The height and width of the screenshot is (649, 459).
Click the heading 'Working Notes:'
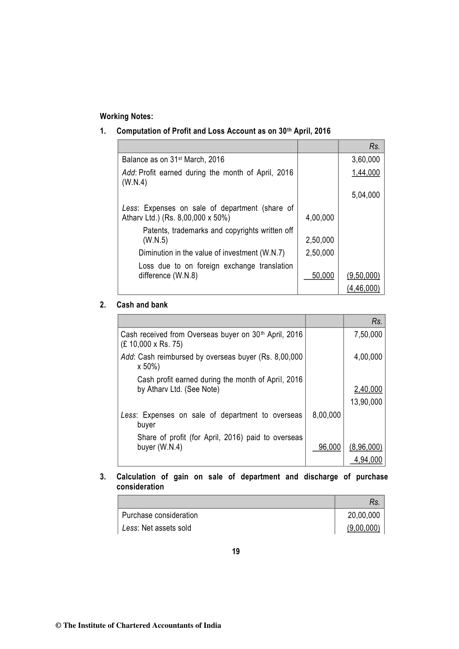(126, 116)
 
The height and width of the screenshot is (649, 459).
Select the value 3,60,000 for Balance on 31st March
(365, 160)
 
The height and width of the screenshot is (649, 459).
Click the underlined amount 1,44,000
(365, 173)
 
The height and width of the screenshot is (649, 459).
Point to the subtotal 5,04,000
(365, 195)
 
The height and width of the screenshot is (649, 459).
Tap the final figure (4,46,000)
(363, 289)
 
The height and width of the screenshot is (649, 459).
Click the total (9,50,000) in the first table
(363, 276)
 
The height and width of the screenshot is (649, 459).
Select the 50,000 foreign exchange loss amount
(323, 276)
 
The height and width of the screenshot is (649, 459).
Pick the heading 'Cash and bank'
(142, 305)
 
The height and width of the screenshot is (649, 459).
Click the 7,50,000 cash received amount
(368, 335)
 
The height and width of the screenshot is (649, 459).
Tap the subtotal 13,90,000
(366, 402)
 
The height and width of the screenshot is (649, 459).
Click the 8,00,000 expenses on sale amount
(326, 415)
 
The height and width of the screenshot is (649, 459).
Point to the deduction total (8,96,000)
(365, 447)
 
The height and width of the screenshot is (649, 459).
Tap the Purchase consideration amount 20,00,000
(363, 515)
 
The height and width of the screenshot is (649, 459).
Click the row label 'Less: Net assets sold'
(156, 528)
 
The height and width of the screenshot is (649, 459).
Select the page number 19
(236, 551)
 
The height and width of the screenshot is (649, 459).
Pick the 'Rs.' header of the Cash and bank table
(377, 321)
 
